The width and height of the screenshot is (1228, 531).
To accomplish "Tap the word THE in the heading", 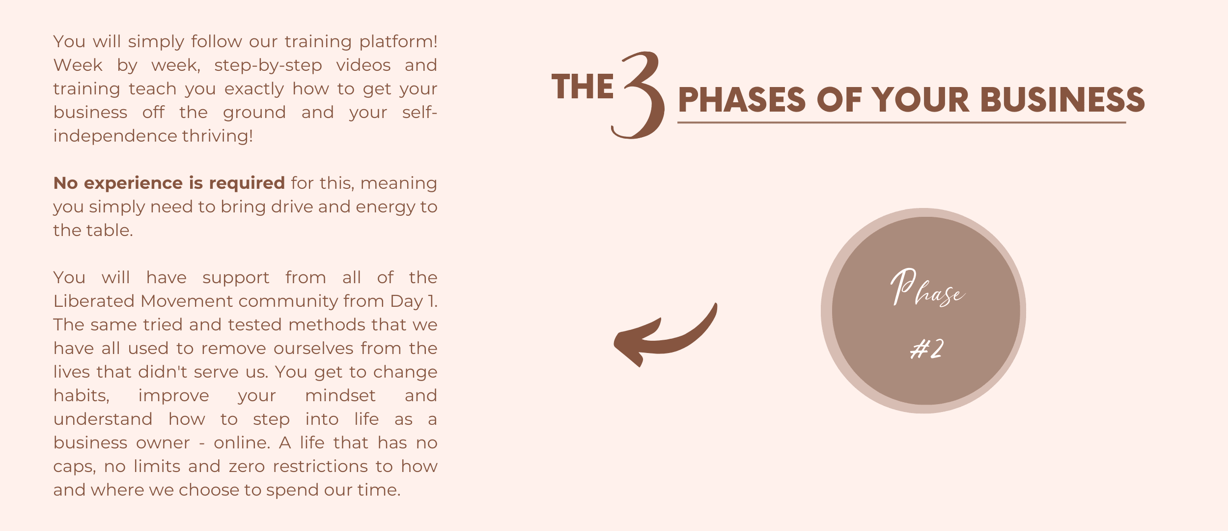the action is coord(583,87).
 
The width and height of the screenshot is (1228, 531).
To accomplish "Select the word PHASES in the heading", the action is coord(742,99).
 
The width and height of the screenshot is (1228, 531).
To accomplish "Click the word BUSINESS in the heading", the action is coord(1062,99).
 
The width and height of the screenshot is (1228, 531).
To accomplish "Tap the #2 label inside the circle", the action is coord(926,349).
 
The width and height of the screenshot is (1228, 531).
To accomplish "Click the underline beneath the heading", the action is coord(901,122).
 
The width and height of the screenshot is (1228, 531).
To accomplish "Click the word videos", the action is coord(363,65).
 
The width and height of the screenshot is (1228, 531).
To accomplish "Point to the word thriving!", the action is coord(218,136).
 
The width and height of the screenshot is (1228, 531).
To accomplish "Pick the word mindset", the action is coord(340,395).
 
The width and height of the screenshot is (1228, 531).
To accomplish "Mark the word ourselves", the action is coord(313,348).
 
